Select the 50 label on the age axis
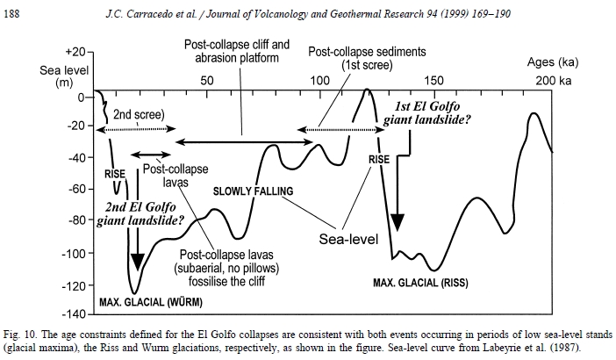207,81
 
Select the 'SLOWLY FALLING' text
253,191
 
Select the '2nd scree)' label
140,114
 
